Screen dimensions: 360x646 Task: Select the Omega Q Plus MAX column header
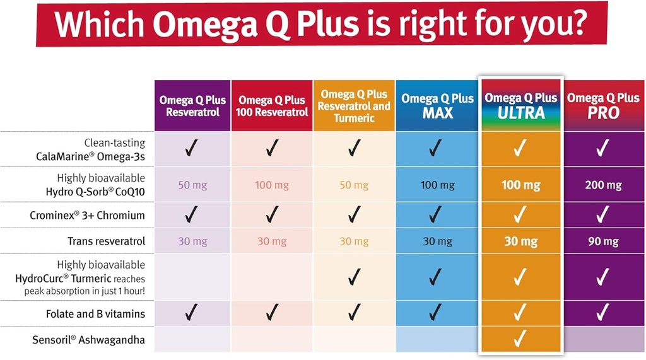pos(437,106)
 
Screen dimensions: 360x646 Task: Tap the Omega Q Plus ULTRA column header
pos(520,105)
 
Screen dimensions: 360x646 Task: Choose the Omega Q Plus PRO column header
pos(603,105)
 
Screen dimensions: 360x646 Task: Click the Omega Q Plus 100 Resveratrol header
pos(272,106)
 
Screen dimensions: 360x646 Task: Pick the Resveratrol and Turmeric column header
pos(354,106)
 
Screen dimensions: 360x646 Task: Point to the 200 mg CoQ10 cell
pos(604,185)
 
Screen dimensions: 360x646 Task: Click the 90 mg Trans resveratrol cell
pos(604,241)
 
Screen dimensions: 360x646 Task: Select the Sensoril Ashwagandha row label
pos(89,340)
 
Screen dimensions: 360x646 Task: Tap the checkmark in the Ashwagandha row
pos(520,339)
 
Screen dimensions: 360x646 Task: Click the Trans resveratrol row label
pos(106,241)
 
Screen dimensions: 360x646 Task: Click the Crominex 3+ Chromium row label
pos(87,215)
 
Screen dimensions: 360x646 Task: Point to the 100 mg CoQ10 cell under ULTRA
pos(520,185)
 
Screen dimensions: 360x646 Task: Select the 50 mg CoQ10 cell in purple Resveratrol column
pos(192,185)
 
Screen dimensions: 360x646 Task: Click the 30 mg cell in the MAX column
pos(437,241)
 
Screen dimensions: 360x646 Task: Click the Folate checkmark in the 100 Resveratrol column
pos(272,311)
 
